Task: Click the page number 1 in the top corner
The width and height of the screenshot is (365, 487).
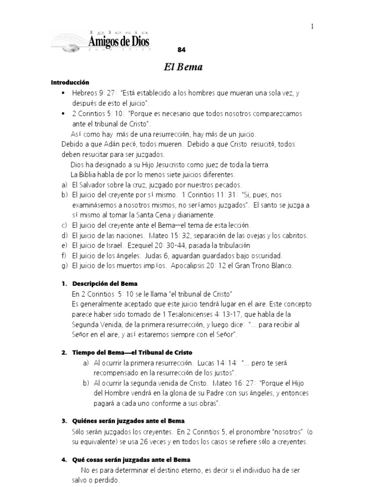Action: [x=312, y=26]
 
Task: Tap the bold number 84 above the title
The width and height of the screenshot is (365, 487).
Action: [x=181, y=50]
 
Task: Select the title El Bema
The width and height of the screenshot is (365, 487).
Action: [x=183, y=67]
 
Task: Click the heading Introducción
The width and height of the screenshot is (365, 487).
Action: [x=70, y=83]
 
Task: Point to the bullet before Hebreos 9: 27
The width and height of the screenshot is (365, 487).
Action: [x=63, y=93]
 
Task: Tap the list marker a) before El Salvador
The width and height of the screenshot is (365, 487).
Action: [x=65, y=185]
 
